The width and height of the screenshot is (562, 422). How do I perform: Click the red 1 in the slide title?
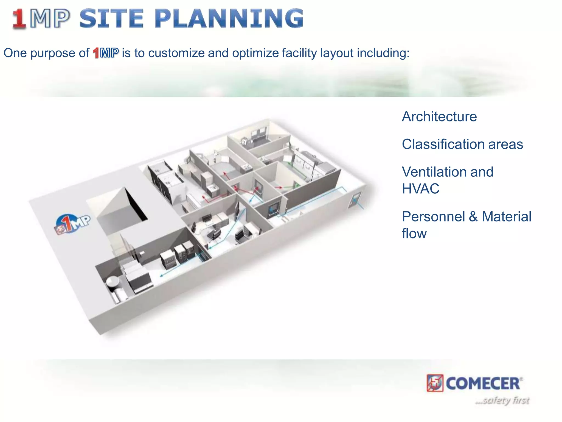tap(19, 19)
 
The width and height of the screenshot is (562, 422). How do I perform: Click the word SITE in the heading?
tap(111, 19)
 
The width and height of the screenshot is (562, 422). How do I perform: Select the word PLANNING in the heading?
tap(229, 19)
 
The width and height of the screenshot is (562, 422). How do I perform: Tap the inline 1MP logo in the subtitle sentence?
tap(106, 53)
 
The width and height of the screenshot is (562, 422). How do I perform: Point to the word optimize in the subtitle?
tap(255, 53)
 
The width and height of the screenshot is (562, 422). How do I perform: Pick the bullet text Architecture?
tap(439, 116)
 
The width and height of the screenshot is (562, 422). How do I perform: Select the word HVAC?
tap(420, 189)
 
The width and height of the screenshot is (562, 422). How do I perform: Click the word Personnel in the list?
tap(433, 216)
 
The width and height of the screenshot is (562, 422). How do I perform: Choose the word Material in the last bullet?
tap(507, 216)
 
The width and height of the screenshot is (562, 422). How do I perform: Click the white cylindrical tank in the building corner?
tap(113, 282)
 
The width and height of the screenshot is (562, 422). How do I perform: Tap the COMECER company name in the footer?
tap(483, 384)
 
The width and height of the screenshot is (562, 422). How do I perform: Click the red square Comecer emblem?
tap(435, 383)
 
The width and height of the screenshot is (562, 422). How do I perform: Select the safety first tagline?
tap(502, 400)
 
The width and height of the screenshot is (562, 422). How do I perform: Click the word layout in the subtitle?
tap(337, 53)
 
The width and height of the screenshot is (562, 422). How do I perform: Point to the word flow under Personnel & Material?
tap(414, 234)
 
